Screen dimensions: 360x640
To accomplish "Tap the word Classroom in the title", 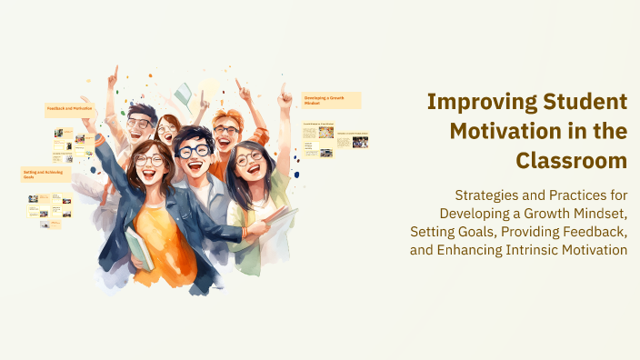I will tap(572, 160).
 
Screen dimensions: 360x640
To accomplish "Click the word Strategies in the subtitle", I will tap(487, 195).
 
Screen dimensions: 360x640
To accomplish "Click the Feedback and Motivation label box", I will tap(70, 109).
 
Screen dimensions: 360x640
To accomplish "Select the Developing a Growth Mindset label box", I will tap(331, 100).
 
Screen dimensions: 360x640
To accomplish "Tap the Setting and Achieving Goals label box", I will tap(45, 174).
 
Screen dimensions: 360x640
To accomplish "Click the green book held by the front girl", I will tap(139, 247).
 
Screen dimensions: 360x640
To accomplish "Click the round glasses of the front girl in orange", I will tap(148, 161).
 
